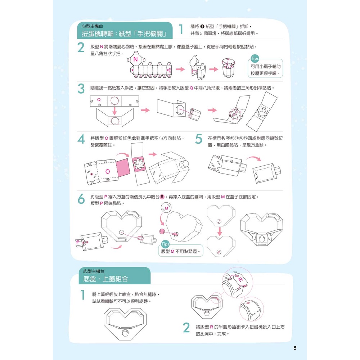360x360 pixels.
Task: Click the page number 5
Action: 295,348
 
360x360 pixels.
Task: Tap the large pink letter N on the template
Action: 135,59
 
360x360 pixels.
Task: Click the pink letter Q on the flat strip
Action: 99,100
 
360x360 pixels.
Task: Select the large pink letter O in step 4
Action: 107,171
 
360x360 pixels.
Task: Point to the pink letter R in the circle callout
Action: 240,279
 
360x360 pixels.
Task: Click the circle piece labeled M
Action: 166,208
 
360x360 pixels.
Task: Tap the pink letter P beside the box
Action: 78,242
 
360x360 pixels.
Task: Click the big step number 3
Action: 81,89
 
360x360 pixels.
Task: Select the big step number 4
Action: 81,139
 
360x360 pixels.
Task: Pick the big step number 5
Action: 199,139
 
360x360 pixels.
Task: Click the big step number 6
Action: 81,199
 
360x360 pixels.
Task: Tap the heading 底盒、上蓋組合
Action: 105,279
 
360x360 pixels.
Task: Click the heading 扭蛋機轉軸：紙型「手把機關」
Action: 124,34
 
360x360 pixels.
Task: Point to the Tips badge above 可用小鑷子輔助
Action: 255,59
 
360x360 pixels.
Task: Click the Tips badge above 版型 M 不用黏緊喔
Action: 165,244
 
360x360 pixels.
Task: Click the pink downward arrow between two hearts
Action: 220,231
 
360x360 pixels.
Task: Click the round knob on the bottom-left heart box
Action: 125,332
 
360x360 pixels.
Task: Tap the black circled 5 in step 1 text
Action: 202,26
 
